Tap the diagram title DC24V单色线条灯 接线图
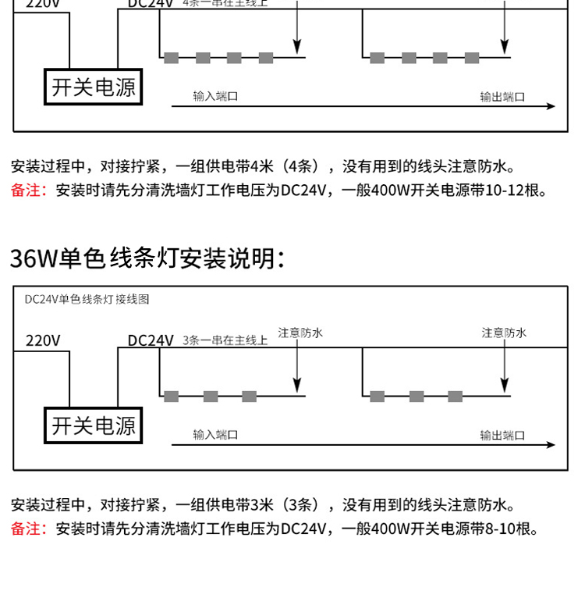coord(87,299)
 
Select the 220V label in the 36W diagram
coord(43,340)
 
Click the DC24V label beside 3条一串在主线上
coord(151,340)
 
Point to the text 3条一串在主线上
coord(225,340)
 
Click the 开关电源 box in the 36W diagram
coord(93,426)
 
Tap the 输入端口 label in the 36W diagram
coord(215,435)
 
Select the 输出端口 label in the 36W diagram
coord(502,435)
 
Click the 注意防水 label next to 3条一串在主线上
coord(300,333)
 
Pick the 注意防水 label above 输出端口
coord(504,333)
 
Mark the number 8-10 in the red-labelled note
coord(500,529)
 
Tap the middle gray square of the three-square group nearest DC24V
coord(211,397)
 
